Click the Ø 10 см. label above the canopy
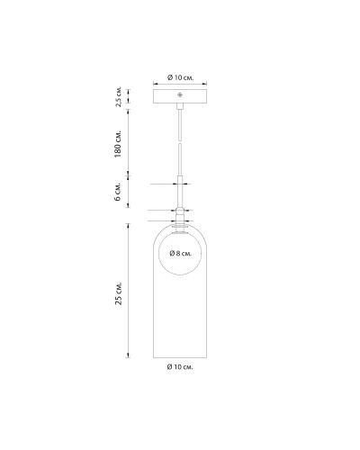180,77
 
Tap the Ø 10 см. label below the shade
180,366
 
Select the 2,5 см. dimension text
119,97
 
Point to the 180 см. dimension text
118,144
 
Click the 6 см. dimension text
118,191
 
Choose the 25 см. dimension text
119,293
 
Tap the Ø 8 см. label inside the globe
181,254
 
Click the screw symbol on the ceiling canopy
180,95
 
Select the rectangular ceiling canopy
180,96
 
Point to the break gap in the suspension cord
180,141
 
